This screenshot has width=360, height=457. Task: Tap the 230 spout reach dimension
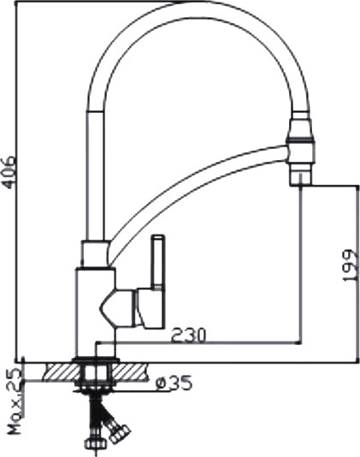tap(188, 335)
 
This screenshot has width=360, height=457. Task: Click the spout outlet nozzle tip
tap(301, 175)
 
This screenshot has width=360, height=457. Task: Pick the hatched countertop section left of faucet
tap(56, 370)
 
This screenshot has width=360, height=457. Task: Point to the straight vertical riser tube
tap(94, 171)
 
